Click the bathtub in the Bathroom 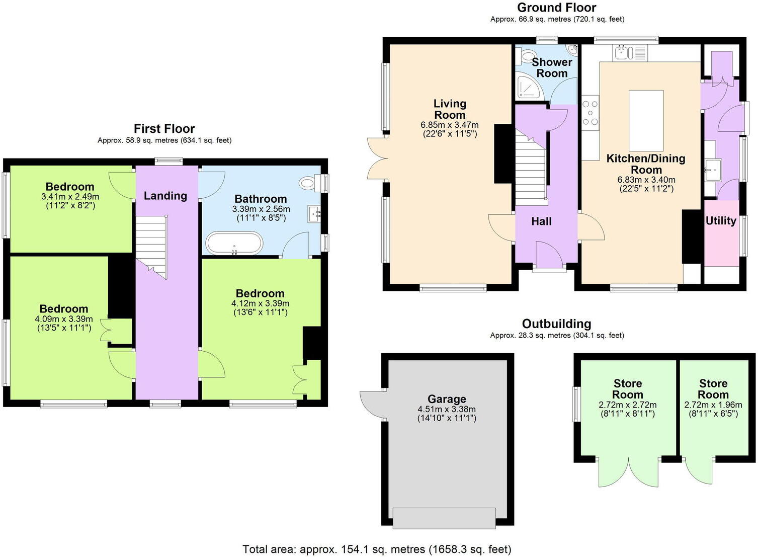(x=234, y=243)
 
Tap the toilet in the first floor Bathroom (x=308, y=183)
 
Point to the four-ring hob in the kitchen (x=591, y=112)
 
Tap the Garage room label (x=447, y=399)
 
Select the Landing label (x=165, y=196)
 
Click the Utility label (x=721, y=220)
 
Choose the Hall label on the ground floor (x=541, y=221)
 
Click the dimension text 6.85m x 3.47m (x=450, y=125)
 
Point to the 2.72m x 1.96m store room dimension (x=713, y=405)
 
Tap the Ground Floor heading (x=556, y=8)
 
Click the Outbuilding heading (x=556, y=324)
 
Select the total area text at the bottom (x=377, y=549)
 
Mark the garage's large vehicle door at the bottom (x=444, y=518)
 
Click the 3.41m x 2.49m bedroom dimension (x=70, y=197)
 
